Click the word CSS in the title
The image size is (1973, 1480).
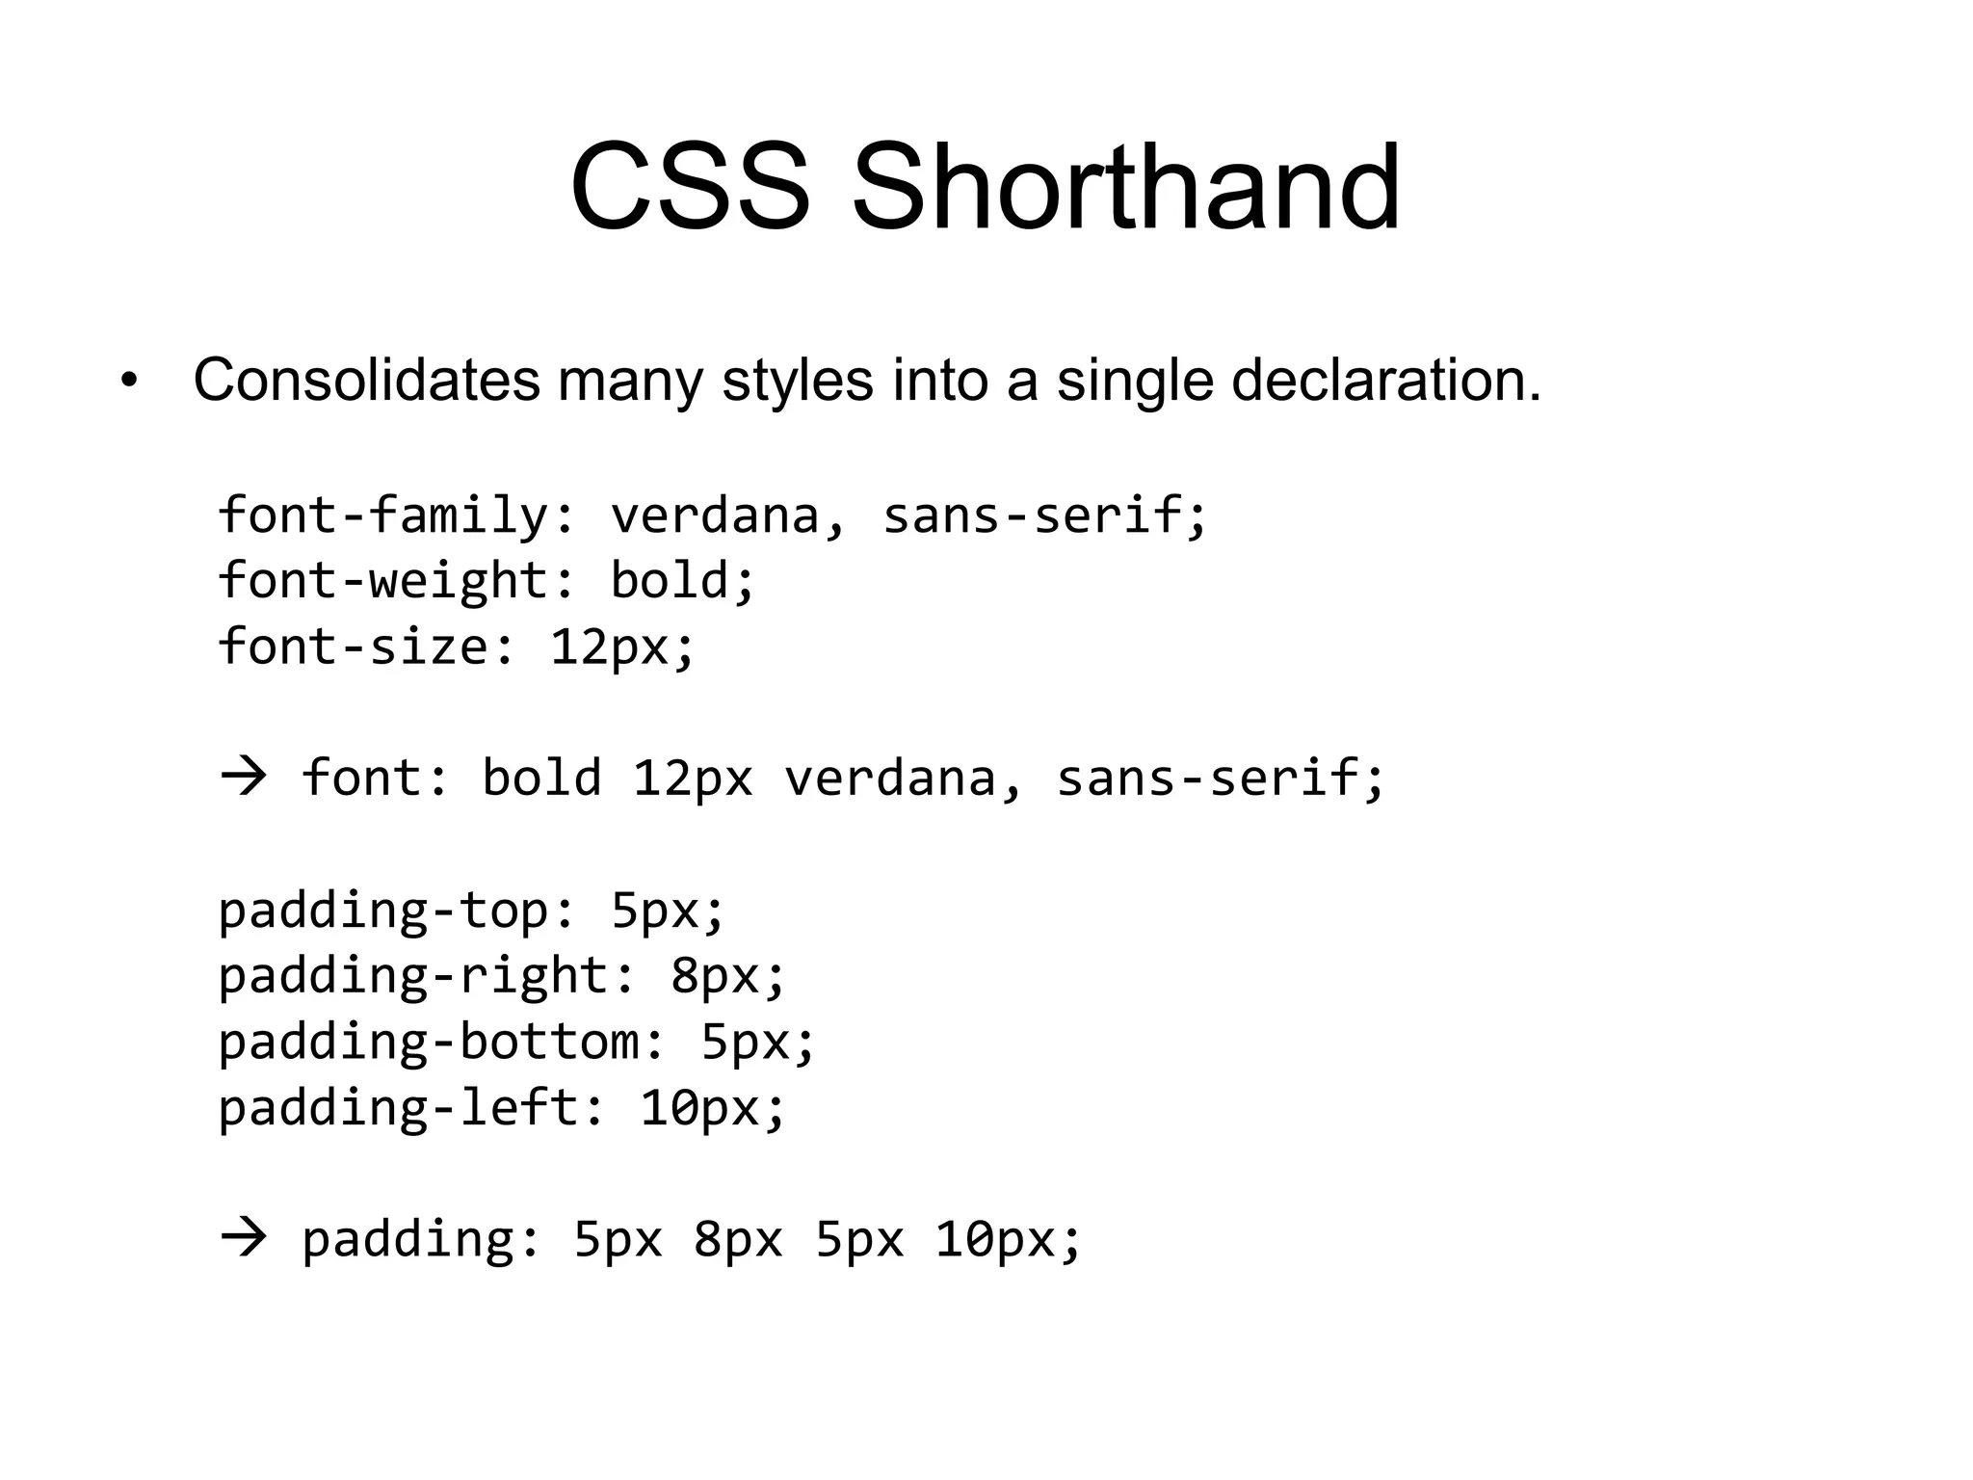tap(689, 187)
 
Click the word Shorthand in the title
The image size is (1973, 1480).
tap(1124, 187)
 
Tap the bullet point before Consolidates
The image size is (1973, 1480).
tap(129, 382)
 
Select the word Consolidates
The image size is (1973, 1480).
tap(366, 381)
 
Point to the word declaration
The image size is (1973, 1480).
tap(1386, 381)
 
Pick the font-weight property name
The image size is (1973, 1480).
tap(382, 580)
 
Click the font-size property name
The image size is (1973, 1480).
tap(353, 646)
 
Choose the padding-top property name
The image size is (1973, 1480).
tap(382, 911)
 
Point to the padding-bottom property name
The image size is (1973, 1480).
tap(428, 1042)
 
